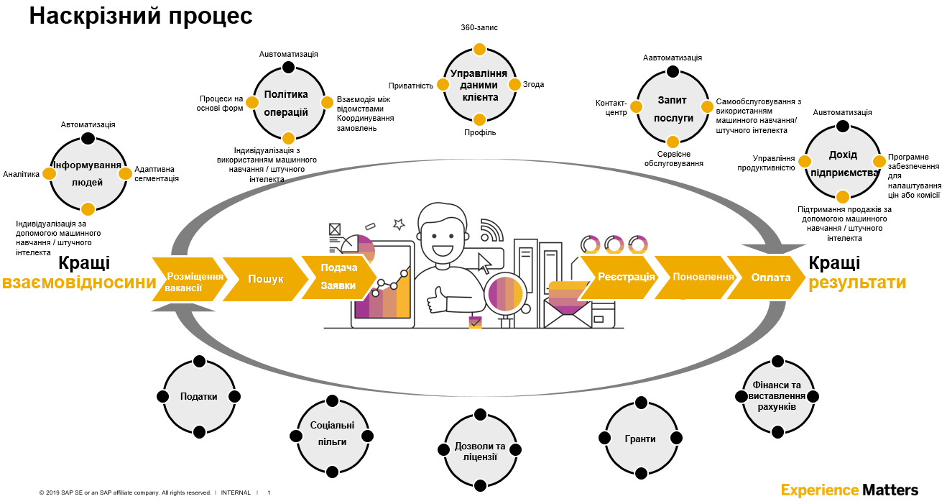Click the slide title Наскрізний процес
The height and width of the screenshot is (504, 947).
tap(141, 16)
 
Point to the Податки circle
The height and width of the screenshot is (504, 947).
tap(199, 396)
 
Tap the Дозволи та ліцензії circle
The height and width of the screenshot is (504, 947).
tap(480, 450)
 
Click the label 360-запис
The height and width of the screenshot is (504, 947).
tap(479, 27)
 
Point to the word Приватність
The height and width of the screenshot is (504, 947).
tap(411, 86)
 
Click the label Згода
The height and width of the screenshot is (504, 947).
tap(533, 84)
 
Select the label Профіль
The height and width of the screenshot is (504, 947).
tap(480, 133)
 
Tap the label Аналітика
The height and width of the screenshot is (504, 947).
tap(21, 174)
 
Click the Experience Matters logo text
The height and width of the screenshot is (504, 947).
tap(849, 490)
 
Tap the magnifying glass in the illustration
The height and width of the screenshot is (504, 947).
tap(505, 294)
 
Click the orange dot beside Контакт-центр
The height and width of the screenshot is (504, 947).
tap(637, 107)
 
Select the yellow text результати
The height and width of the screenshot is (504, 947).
tap(857, 283)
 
